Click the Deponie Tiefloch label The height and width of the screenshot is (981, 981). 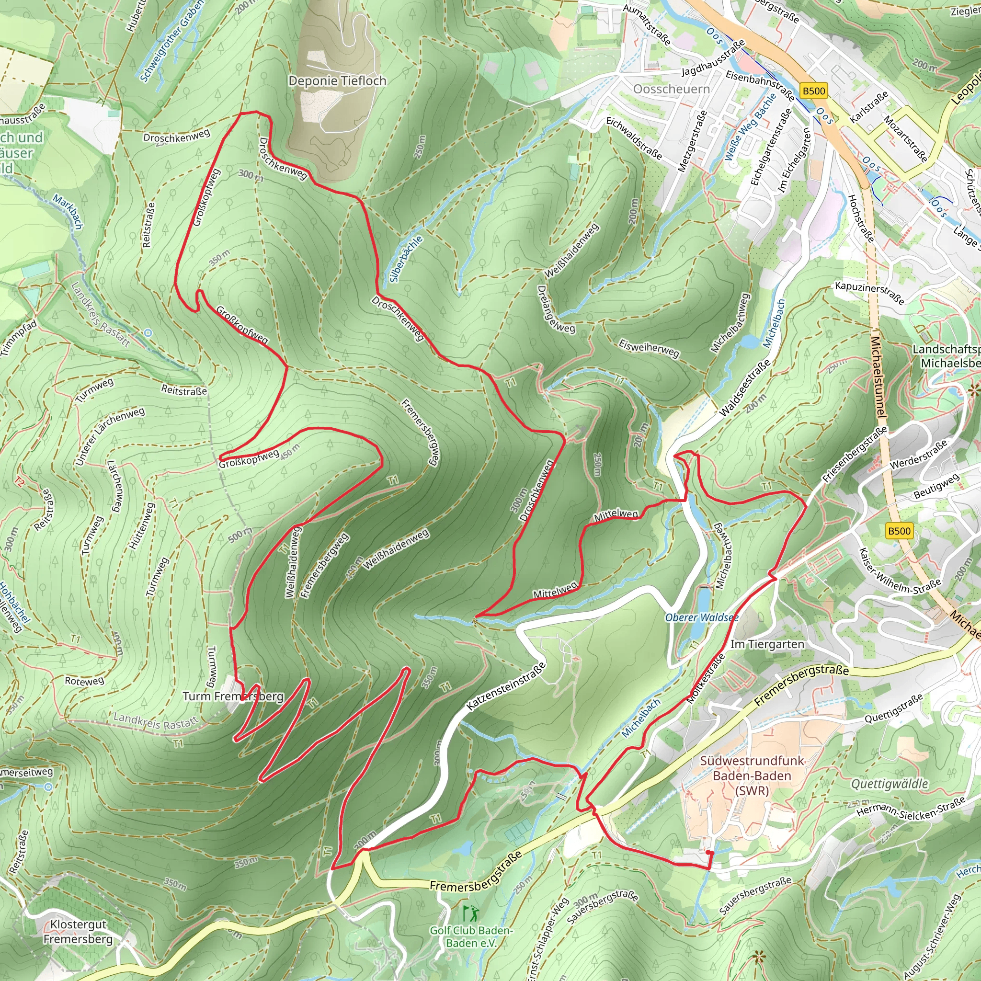tap(337, 81)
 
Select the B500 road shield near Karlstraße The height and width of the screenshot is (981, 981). tap(813, 91)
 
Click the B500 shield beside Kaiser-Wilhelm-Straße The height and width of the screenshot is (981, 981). tap(899, 531)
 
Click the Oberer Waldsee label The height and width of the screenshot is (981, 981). tap(701, 617)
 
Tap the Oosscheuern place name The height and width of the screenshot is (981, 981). tap(671, 90)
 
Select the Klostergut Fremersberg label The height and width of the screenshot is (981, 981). tap(78, 932)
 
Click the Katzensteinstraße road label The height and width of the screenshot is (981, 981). tap(506, 686)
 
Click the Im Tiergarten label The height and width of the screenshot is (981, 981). tap(767, 644)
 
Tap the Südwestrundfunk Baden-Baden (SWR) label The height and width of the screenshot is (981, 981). tap(752, 776)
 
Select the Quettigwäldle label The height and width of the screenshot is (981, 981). tap(890, 784)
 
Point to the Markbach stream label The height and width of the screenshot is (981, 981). tap(68, 212)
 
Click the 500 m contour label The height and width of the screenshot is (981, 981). tap(240, 535)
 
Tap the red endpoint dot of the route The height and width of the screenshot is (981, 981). tap(709, 853)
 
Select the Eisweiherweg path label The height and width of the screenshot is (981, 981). tap(649, 348)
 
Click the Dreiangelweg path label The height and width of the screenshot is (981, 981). tap(556, 309)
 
